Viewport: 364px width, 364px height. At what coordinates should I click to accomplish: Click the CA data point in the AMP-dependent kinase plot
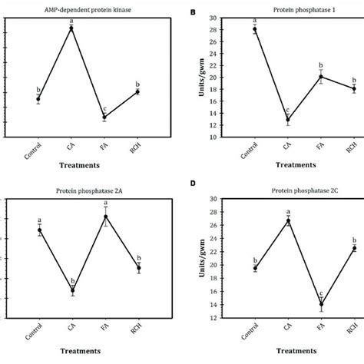(71, 28)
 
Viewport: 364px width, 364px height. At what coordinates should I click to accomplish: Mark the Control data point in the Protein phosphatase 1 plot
(255, 29)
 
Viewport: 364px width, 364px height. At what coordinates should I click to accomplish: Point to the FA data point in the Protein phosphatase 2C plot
(321, 305)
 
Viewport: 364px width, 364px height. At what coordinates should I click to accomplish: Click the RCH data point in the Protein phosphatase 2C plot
(355, 248)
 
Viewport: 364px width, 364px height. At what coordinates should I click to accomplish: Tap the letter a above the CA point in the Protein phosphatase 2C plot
(288, 212)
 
